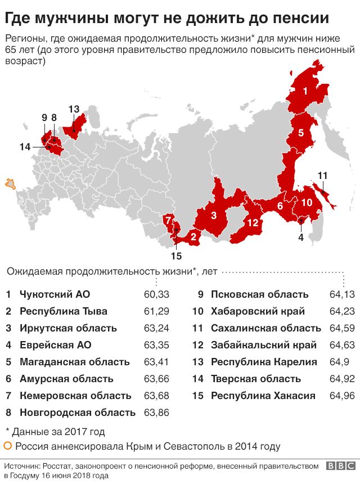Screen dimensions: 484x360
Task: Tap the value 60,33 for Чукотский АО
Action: click(x=156, y=294)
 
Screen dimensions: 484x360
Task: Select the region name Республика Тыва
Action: click(x=63, y=311)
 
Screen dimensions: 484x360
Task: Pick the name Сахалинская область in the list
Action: click(x=265, y=328)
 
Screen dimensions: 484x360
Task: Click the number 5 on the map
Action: click(x=301, y=133)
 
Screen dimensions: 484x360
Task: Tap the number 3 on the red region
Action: click(x=214, y=215)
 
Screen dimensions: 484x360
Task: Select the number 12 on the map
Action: click(x=253, y=223)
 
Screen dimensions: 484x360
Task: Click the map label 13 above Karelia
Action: click(x=74, y=109)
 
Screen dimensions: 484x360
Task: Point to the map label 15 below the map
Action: click(x=176, y=256)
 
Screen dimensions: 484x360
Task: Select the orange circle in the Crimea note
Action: click(x=8, y=447)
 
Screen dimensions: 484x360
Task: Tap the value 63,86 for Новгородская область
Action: click(x=156, y=413)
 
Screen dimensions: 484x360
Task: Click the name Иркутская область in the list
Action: click(x=68, y=328)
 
